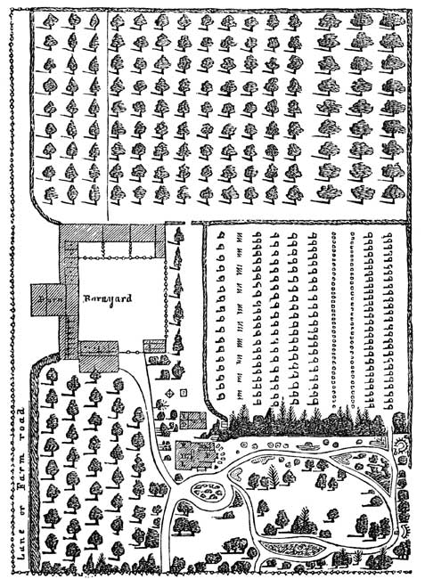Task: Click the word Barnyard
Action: tap(108, 298)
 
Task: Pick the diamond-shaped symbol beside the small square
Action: tap(170, 394)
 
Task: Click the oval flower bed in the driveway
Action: tap(208, 491)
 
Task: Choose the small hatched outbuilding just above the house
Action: tap(192, 420)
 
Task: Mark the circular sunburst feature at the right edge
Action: tap(400, 445)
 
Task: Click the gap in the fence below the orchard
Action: tap(188, 223)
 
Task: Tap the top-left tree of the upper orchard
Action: tap(49, 21)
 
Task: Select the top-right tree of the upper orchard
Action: tap(391, 21)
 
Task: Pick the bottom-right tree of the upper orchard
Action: tap(392, 193)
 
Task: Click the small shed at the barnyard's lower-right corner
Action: tap(154, 346)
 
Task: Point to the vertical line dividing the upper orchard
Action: tap(108, 115)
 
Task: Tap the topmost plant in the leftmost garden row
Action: tap(221, 234)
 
